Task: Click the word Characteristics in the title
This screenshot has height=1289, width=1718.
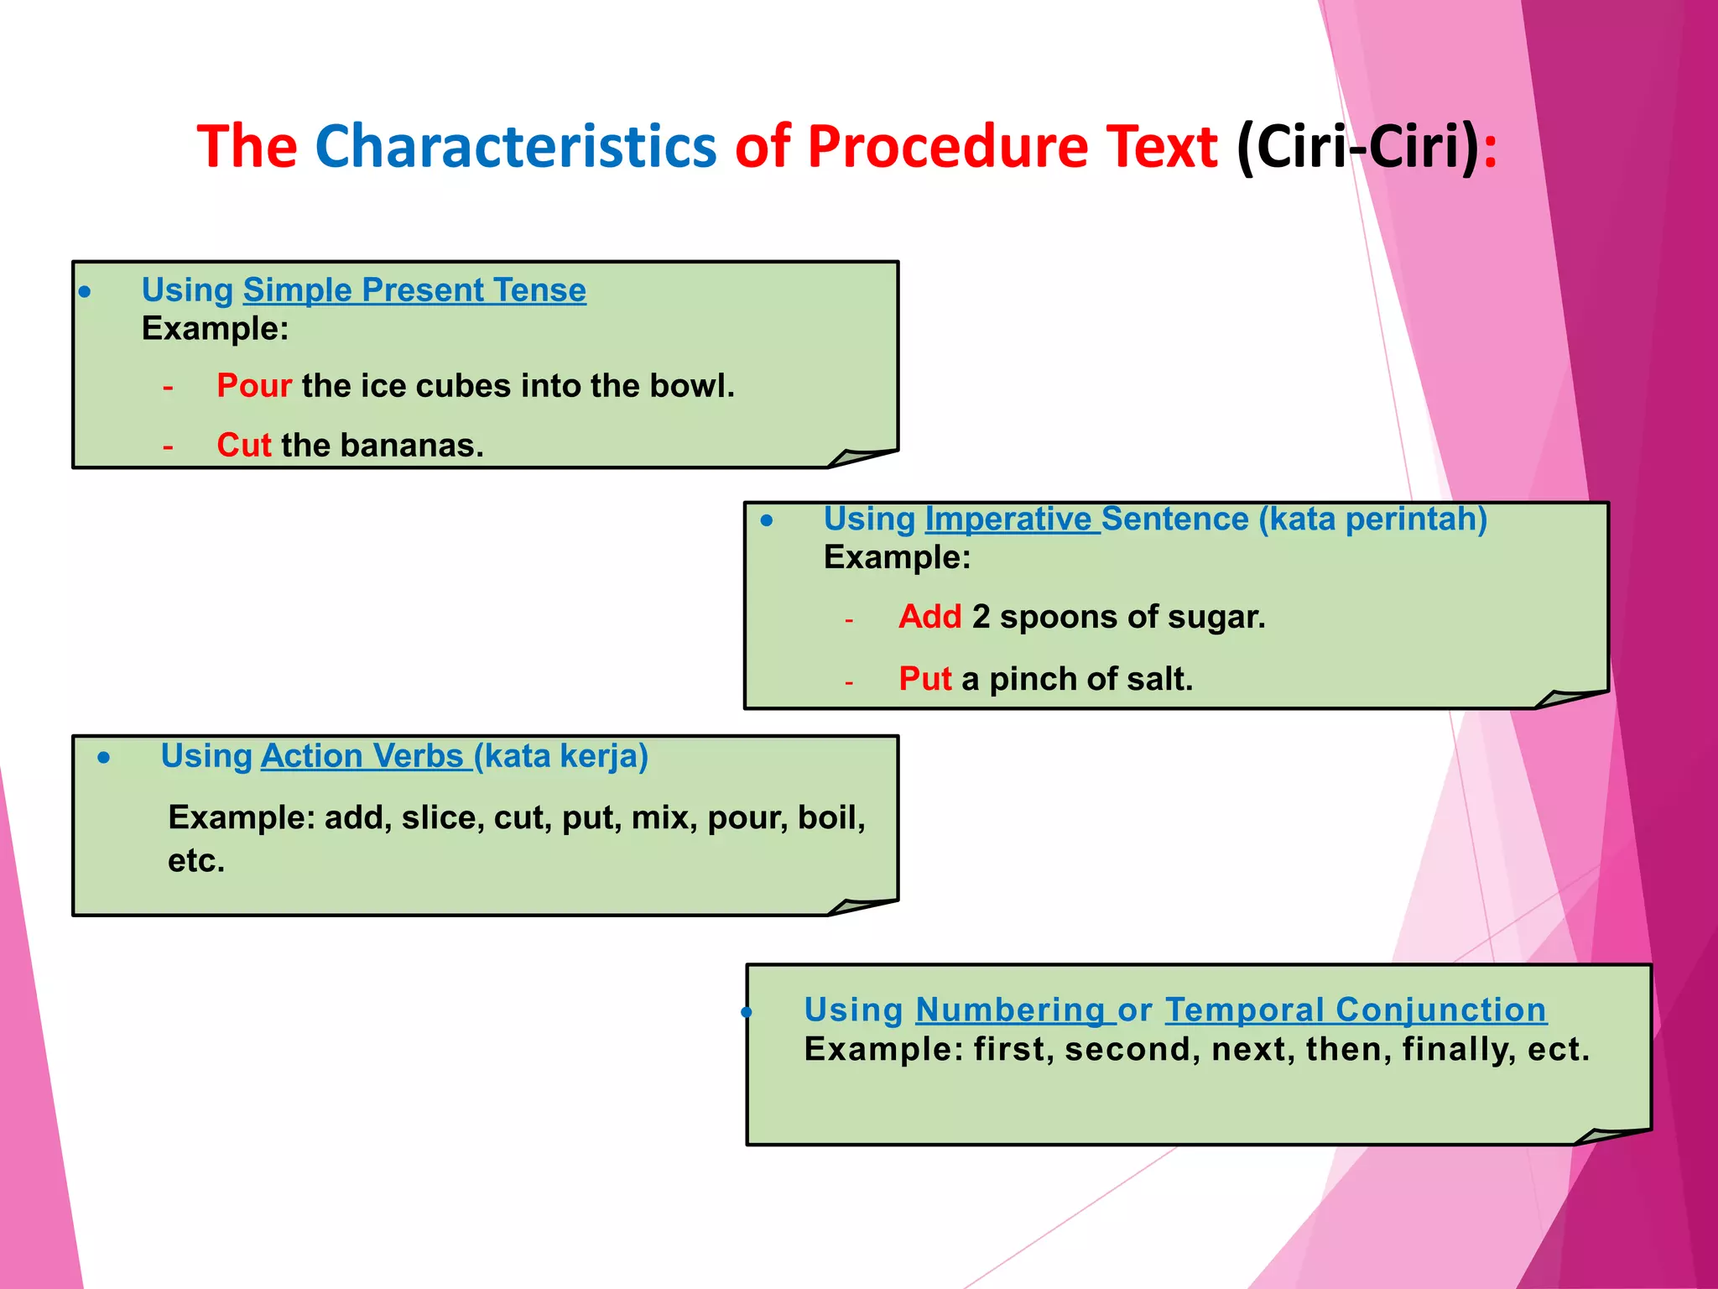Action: [515, 147]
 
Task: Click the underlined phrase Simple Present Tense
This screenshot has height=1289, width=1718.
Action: [414, 290]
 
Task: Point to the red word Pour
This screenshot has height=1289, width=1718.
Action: [254, 386]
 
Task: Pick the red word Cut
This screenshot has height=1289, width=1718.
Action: [243, 445]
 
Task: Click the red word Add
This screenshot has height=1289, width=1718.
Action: [929, 617]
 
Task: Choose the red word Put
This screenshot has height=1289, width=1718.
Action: [924, 679]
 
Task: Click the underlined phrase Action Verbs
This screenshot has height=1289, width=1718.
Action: [362, 756]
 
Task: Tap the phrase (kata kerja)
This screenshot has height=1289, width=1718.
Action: [561, 756]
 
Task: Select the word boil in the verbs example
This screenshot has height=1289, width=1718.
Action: [830, 817]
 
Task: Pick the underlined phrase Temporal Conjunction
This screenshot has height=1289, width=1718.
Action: [1355, 1010]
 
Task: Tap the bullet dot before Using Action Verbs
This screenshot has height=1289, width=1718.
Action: [103, 758]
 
